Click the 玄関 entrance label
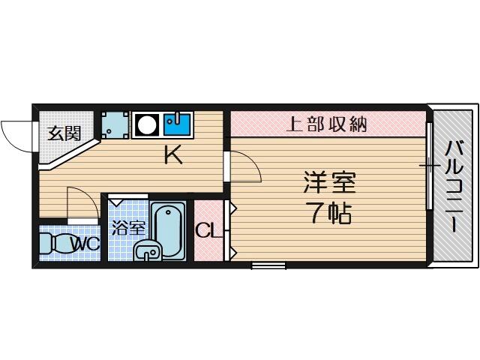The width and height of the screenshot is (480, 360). coord(64,133)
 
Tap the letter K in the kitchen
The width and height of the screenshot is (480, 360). coord(173,154)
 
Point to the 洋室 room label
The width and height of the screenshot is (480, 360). coord(330,182)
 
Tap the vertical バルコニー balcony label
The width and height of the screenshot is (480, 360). coord(454,186)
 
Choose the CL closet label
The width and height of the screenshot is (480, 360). coord(208,230)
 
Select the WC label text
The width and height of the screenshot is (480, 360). coord(85,244)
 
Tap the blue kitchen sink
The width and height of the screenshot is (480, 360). coord(178,124)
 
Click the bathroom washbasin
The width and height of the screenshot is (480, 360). coord(148,250)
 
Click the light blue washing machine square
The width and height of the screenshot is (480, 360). coord(115,124)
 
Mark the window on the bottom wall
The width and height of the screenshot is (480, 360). coord(268,265)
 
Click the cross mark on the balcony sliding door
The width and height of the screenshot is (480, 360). coord(430,166)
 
